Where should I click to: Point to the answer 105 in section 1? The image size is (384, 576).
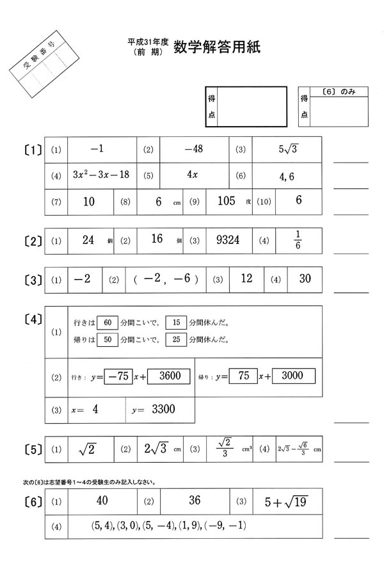(x=227, y=200)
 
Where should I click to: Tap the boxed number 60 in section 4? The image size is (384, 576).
(x=108, y=323)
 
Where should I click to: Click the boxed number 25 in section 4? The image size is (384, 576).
(x=176, y=339)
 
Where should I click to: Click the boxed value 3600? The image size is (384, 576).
(x=170, y=376)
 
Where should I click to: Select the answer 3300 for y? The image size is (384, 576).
(x=163, y=409)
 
